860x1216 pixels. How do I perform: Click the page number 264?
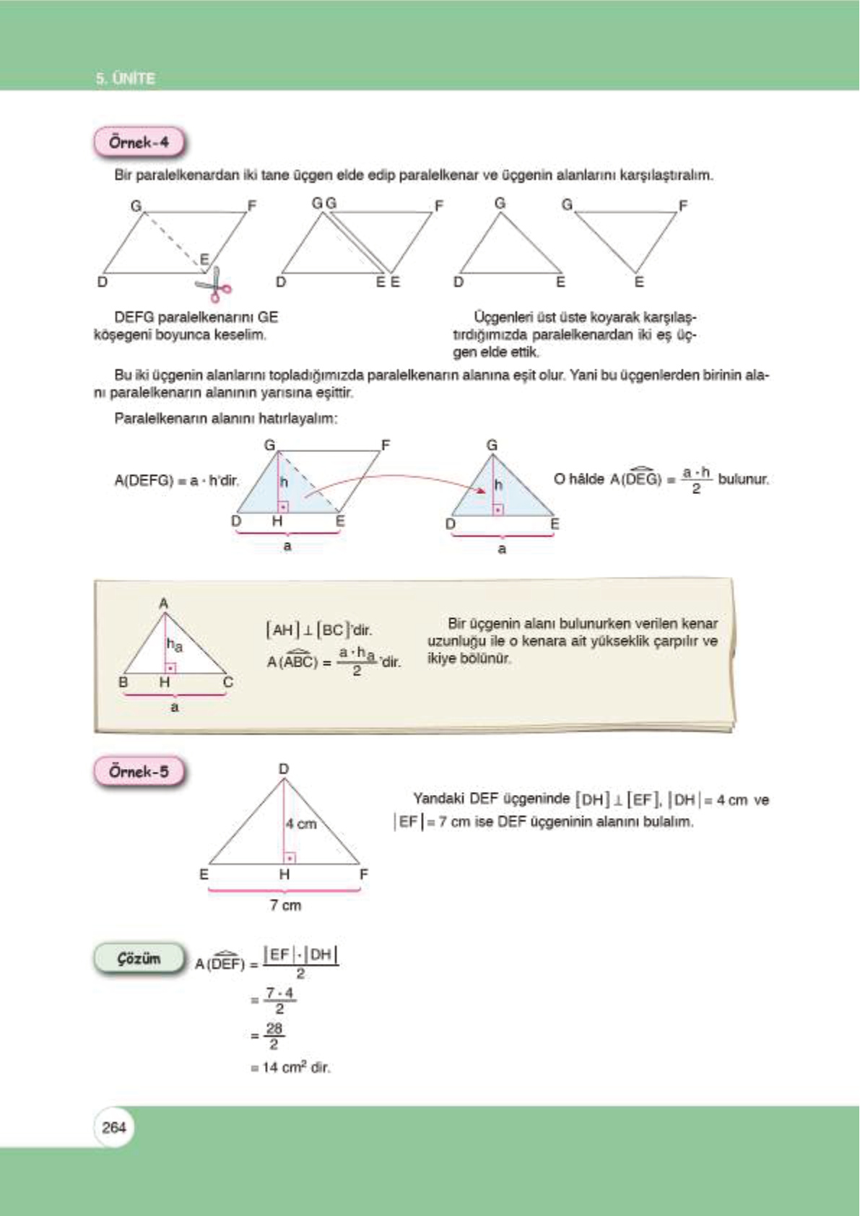point(114,1127)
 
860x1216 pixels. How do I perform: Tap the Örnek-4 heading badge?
point(139,142)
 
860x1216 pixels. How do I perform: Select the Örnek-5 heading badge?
point(139,771)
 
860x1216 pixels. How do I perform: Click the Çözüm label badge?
point(139,959)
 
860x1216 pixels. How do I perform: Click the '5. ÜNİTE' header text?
point(126,78)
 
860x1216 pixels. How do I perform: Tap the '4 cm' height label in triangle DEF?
point(301,824)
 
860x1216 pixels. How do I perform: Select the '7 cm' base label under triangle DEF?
point(285,906)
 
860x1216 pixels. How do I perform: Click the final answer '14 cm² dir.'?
point(290,1067)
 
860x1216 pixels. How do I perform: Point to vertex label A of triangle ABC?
point(164,603)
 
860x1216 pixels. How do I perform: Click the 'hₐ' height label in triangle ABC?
point(175,644)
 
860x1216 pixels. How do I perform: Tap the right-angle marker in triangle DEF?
point(290,858)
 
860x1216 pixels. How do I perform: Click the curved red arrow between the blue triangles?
point(394,479)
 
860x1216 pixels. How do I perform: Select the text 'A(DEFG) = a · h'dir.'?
point(176,480)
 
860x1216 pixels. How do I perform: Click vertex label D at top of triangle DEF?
point(284,769)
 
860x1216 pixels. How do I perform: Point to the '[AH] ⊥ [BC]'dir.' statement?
point(318,630)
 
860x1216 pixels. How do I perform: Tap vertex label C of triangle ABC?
point(228,682)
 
